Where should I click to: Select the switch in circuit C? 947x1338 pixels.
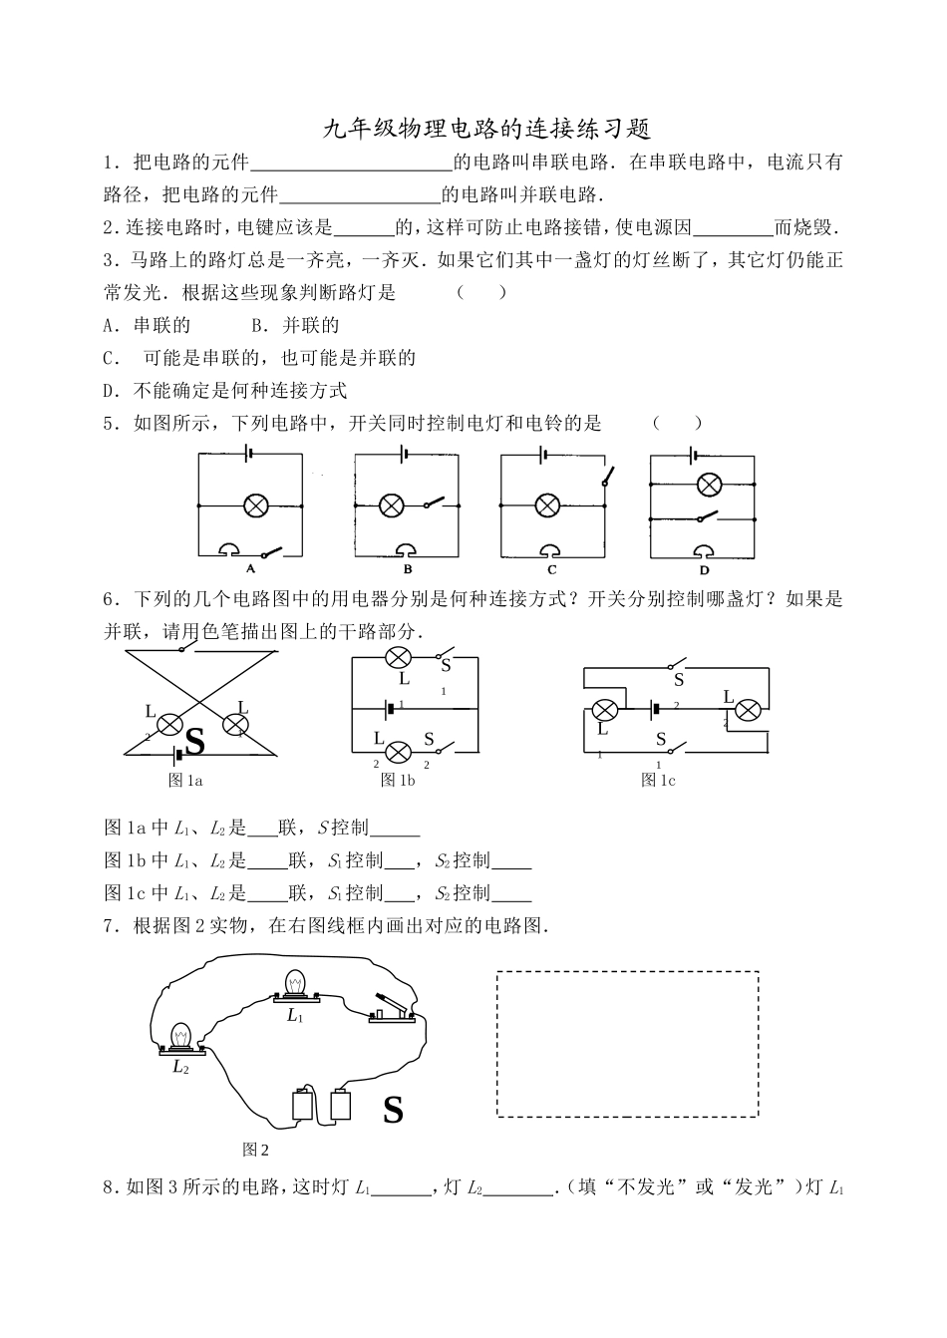point(604,476)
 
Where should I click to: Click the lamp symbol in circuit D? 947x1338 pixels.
point(709,486)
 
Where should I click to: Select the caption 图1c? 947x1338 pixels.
point(657,781)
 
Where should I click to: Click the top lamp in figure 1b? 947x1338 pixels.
point(400,658)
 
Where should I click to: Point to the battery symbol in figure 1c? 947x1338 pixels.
point(656,710)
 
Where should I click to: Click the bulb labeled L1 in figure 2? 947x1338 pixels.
point(295,985)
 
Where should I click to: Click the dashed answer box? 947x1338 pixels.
point(627,1044)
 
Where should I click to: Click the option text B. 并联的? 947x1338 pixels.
point(295,325)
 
